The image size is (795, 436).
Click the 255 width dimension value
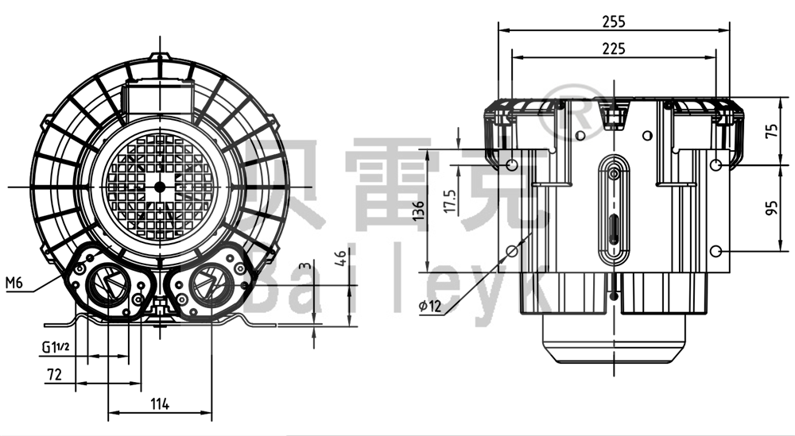point(614,21)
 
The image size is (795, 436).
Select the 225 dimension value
point(614,48)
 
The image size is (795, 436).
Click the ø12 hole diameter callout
point(429,306)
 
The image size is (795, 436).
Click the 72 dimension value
point(53,373)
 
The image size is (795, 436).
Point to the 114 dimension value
point(160,404)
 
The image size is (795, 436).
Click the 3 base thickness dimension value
point(303,267)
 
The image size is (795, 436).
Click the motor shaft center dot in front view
point(160,187)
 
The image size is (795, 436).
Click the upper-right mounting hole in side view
point(715,164)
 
